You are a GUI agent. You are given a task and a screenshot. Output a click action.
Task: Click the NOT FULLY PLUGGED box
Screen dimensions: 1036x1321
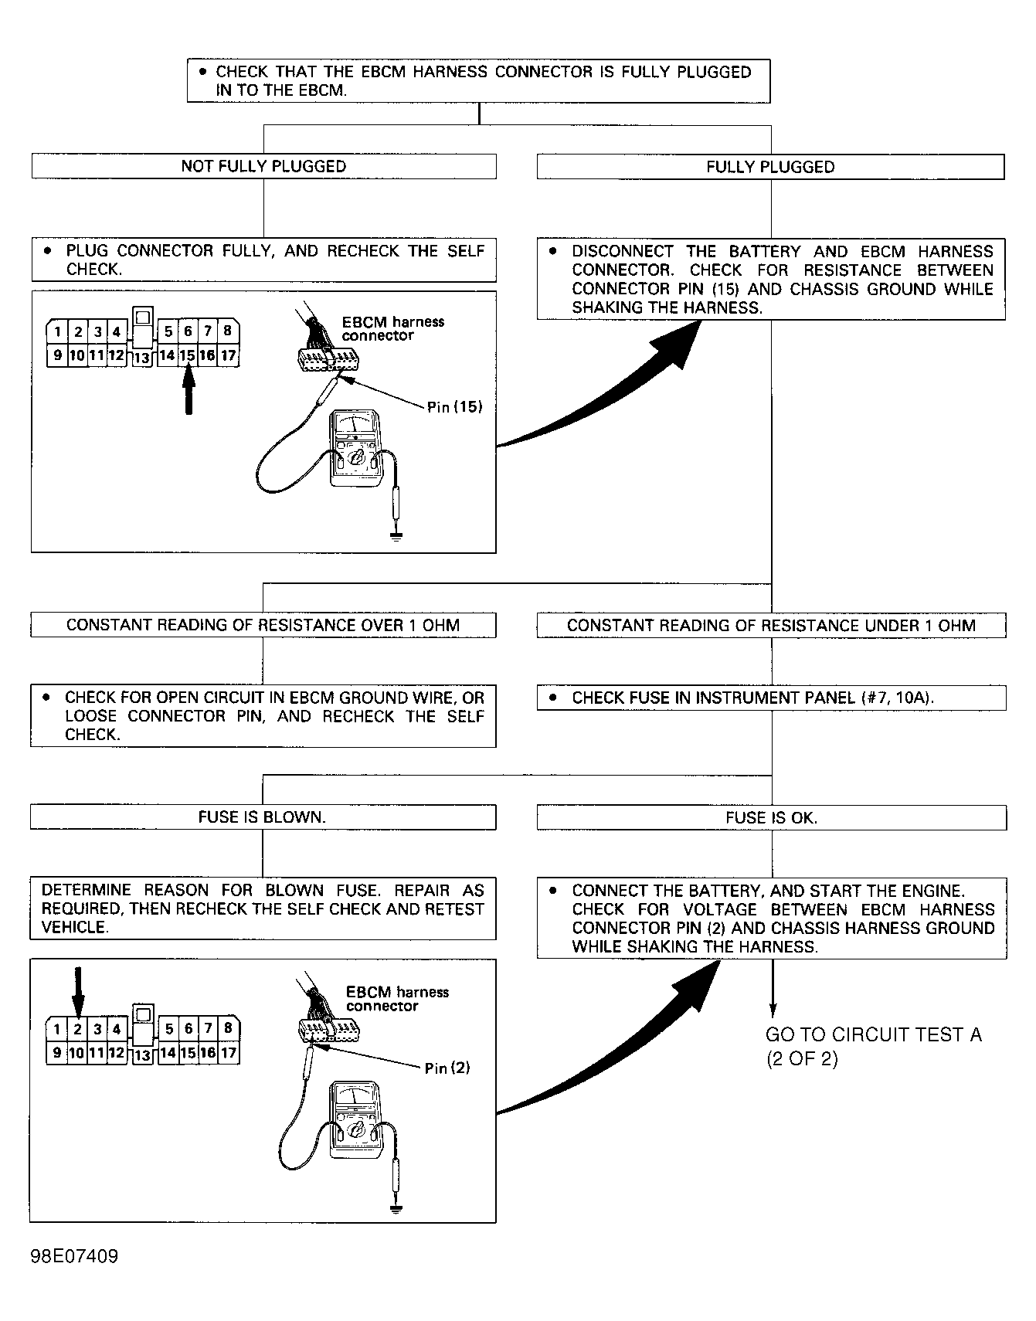[x=263, y=166]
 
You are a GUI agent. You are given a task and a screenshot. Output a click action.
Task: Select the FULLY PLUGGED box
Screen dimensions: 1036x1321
[x=771, y=167]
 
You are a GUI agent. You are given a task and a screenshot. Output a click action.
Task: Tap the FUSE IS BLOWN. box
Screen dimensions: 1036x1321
[x=263, y=817]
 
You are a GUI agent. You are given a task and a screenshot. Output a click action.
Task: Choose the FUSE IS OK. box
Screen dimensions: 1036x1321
[x=772, y=818]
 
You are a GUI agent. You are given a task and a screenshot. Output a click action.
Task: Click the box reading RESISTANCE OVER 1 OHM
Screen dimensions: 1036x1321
[x=263, y=625]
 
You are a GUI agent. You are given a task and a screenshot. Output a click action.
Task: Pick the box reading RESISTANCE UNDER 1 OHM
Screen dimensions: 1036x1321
[x=772, y=626]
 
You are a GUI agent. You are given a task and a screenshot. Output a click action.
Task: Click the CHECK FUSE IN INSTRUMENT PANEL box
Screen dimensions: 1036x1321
[x=772, y=698]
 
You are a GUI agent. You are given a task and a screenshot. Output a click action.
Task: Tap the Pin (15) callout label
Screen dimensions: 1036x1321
[x=454, y=407]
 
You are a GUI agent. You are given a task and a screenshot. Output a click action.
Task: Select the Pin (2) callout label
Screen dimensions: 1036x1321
[x=447, y=1068]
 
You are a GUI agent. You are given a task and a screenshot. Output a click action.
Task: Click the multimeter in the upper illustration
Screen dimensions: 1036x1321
[x=355, y=449]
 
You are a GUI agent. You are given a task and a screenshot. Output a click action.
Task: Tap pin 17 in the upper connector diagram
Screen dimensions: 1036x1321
[x=229, y=356]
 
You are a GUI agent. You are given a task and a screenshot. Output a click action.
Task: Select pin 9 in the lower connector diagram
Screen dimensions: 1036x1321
[x=56, y=1053]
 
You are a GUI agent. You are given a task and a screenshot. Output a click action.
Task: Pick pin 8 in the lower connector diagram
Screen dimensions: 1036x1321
[x=228, y=1029]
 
